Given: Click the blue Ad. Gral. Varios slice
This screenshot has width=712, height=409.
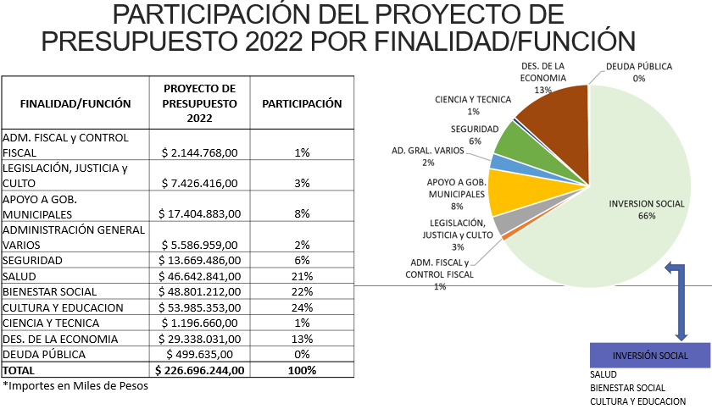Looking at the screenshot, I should [x=498, y=162].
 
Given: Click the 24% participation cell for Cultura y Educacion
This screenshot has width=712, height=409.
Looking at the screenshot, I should [x=302, y=307].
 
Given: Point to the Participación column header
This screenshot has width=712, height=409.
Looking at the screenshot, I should [x=302, y=104].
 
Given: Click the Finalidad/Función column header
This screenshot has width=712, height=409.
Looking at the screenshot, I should [x=75, y=104].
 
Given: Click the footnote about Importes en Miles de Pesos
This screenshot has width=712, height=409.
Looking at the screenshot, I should [x=75, y=386].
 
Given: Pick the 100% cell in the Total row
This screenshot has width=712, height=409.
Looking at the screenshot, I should [x=302, y=370].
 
